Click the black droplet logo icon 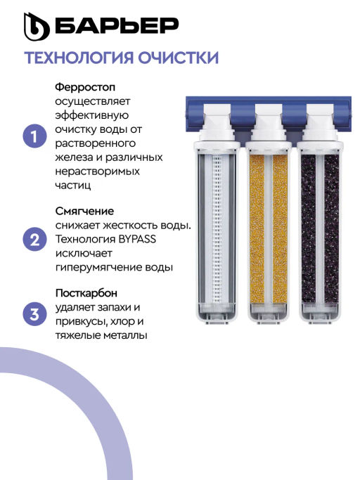[x=37, y=27]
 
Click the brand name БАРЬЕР [x=117, y=26]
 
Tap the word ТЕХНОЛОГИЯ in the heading [x=79, y=58]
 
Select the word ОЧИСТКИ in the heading [x=178, y=58]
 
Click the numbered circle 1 [x=35, y=136]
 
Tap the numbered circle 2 [x=35, y=240]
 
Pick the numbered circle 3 [x=35, y=314]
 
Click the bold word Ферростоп [x=85, y=87]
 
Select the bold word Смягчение [x=84, y=212]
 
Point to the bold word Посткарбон [x=86, y=293]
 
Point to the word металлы [x=125, y=335]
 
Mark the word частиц [x=73, y=186]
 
